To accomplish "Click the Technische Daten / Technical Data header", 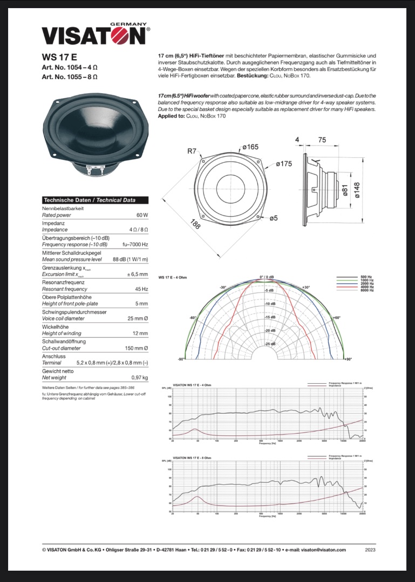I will (x=90, y=200).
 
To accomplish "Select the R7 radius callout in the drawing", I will (x=192, y=151).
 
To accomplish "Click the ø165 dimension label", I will (x=250, y=147).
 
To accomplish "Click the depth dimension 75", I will (x=322, y=140).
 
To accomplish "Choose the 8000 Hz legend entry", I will (x=366, y=290).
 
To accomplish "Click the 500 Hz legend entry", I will (x=366, y=277).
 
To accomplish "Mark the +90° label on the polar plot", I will (x=348, y=359).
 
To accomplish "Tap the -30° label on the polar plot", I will (x=222, y=287).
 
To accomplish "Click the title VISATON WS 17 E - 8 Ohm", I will (x=192, y=458).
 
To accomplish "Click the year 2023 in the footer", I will (x=370, y=550).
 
